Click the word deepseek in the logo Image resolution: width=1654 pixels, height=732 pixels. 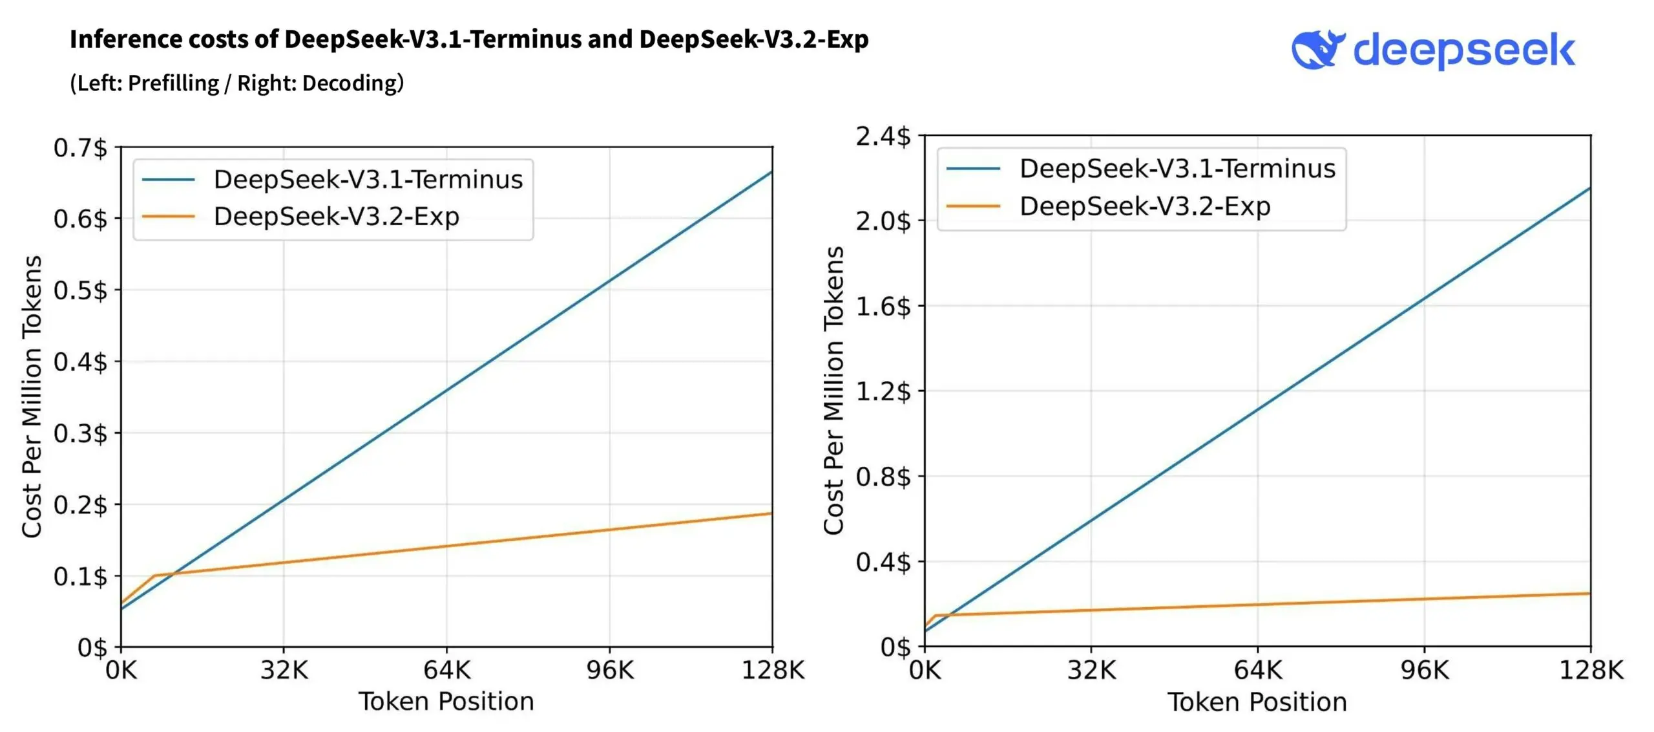[1464, 50]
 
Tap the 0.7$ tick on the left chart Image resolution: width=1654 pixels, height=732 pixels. [80, 148]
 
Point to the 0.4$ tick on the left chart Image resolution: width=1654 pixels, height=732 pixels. [80, 362]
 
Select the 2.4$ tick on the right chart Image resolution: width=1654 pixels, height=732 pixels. [883, 136]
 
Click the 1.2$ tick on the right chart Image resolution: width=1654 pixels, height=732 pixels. [883, 392]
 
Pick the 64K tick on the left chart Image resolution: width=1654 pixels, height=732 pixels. [446, 671]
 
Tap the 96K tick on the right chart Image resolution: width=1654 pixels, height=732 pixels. [1425, 671]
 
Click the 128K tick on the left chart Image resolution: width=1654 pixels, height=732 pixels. [773, 671]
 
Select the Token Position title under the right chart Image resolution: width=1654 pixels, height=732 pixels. [1257, 702]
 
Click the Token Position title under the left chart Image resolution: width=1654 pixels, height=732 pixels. [446, 702]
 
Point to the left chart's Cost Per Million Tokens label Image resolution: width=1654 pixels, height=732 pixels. [32, 396]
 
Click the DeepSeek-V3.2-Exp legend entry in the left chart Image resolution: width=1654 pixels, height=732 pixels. [336, 217]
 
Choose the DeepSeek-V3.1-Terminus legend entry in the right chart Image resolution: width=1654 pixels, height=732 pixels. [1177, 169]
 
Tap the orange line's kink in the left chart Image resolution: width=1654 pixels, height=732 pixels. [154, 576]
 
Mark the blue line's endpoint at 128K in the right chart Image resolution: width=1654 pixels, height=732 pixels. [1589, 188]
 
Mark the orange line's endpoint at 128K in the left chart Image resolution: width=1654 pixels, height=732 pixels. [771, 514]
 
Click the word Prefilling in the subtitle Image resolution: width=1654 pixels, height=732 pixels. [173, 83]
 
